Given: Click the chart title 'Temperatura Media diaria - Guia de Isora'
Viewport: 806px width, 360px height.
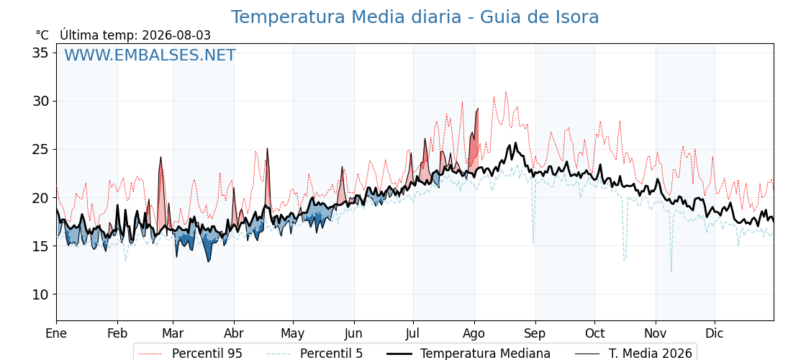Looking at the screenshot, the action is (x=415, y=17).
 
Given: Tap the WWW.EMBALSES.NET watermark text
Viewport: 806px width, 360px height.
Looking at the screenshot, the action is (x=150, y=55).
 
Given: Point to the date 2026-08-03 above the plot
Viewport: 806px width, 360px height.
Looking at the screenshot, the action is (x=176, y=35).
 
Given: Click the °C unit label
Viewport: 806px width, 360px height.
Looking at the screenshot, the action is (x=42, y=35).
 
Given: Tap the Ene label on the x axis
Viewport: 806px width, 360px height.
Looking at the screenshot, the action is (x=57, y=333).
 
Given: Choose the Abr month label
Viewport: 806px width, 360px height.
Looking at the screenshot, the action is (x=234, y=333).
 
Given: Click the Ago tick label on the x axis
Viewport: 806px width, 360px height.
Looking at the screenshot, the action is (x=474, y=333).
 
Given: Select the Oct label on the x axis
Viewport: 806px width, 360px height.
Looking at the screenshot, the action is (x=594, y=333).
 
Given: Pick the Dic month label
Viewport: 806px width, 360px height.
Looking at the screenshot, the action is (x=715, y=333).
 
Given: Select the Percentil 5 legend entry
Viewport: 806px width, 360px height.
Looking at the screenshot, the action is (x=315, y=354).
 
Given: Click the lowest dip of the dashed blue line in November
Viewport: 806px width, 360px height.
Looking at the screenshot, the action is (x=671, y=271).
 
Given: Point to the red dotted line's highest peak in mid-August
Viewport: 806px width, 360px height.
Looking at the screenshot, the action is (x=506, y=92).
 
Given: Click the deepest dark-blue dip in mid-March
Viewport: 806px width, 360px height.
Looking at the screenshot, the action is (x=209, y=261).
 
